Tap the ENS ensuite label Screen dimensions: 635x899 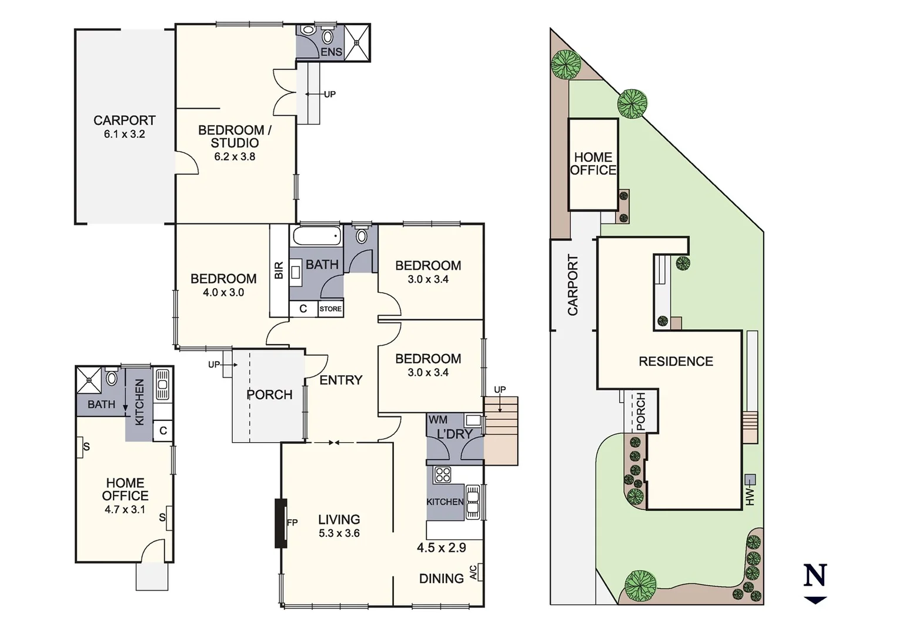coord(331,52)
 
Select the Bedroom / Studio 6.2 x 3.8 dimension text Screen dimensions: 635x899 coord(234,156)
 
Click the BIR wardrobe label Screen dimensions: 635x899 coord(279,270)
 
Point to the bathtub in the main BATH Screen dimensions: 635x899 coord(316,236)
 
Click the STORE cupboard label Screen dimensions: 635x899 coord(330,309)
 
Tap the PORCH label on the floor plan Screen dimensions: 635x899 coord(269,395)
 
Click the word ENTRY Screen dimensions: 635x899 coord(340,380)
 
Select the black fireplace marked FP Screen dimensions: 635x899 coord(281,523)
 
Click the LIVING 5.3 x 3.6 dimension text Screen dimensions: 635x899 coord(339,533)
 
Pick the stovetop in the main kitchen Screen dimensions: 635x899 coord(442,474)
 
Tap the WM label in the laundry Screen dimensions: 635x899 coord(437,420)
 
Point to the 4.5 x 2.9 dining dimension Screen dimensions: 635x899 coord(441,548)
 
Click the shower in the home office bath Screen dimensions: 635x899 coord(89,380)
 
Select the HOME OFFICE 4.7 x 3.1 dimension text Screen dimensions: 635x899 coord(125,510)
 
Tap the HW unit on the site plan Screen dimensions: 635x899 coord(750,479)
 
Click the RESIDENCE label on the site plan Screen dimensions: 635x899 coord(676,362)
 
